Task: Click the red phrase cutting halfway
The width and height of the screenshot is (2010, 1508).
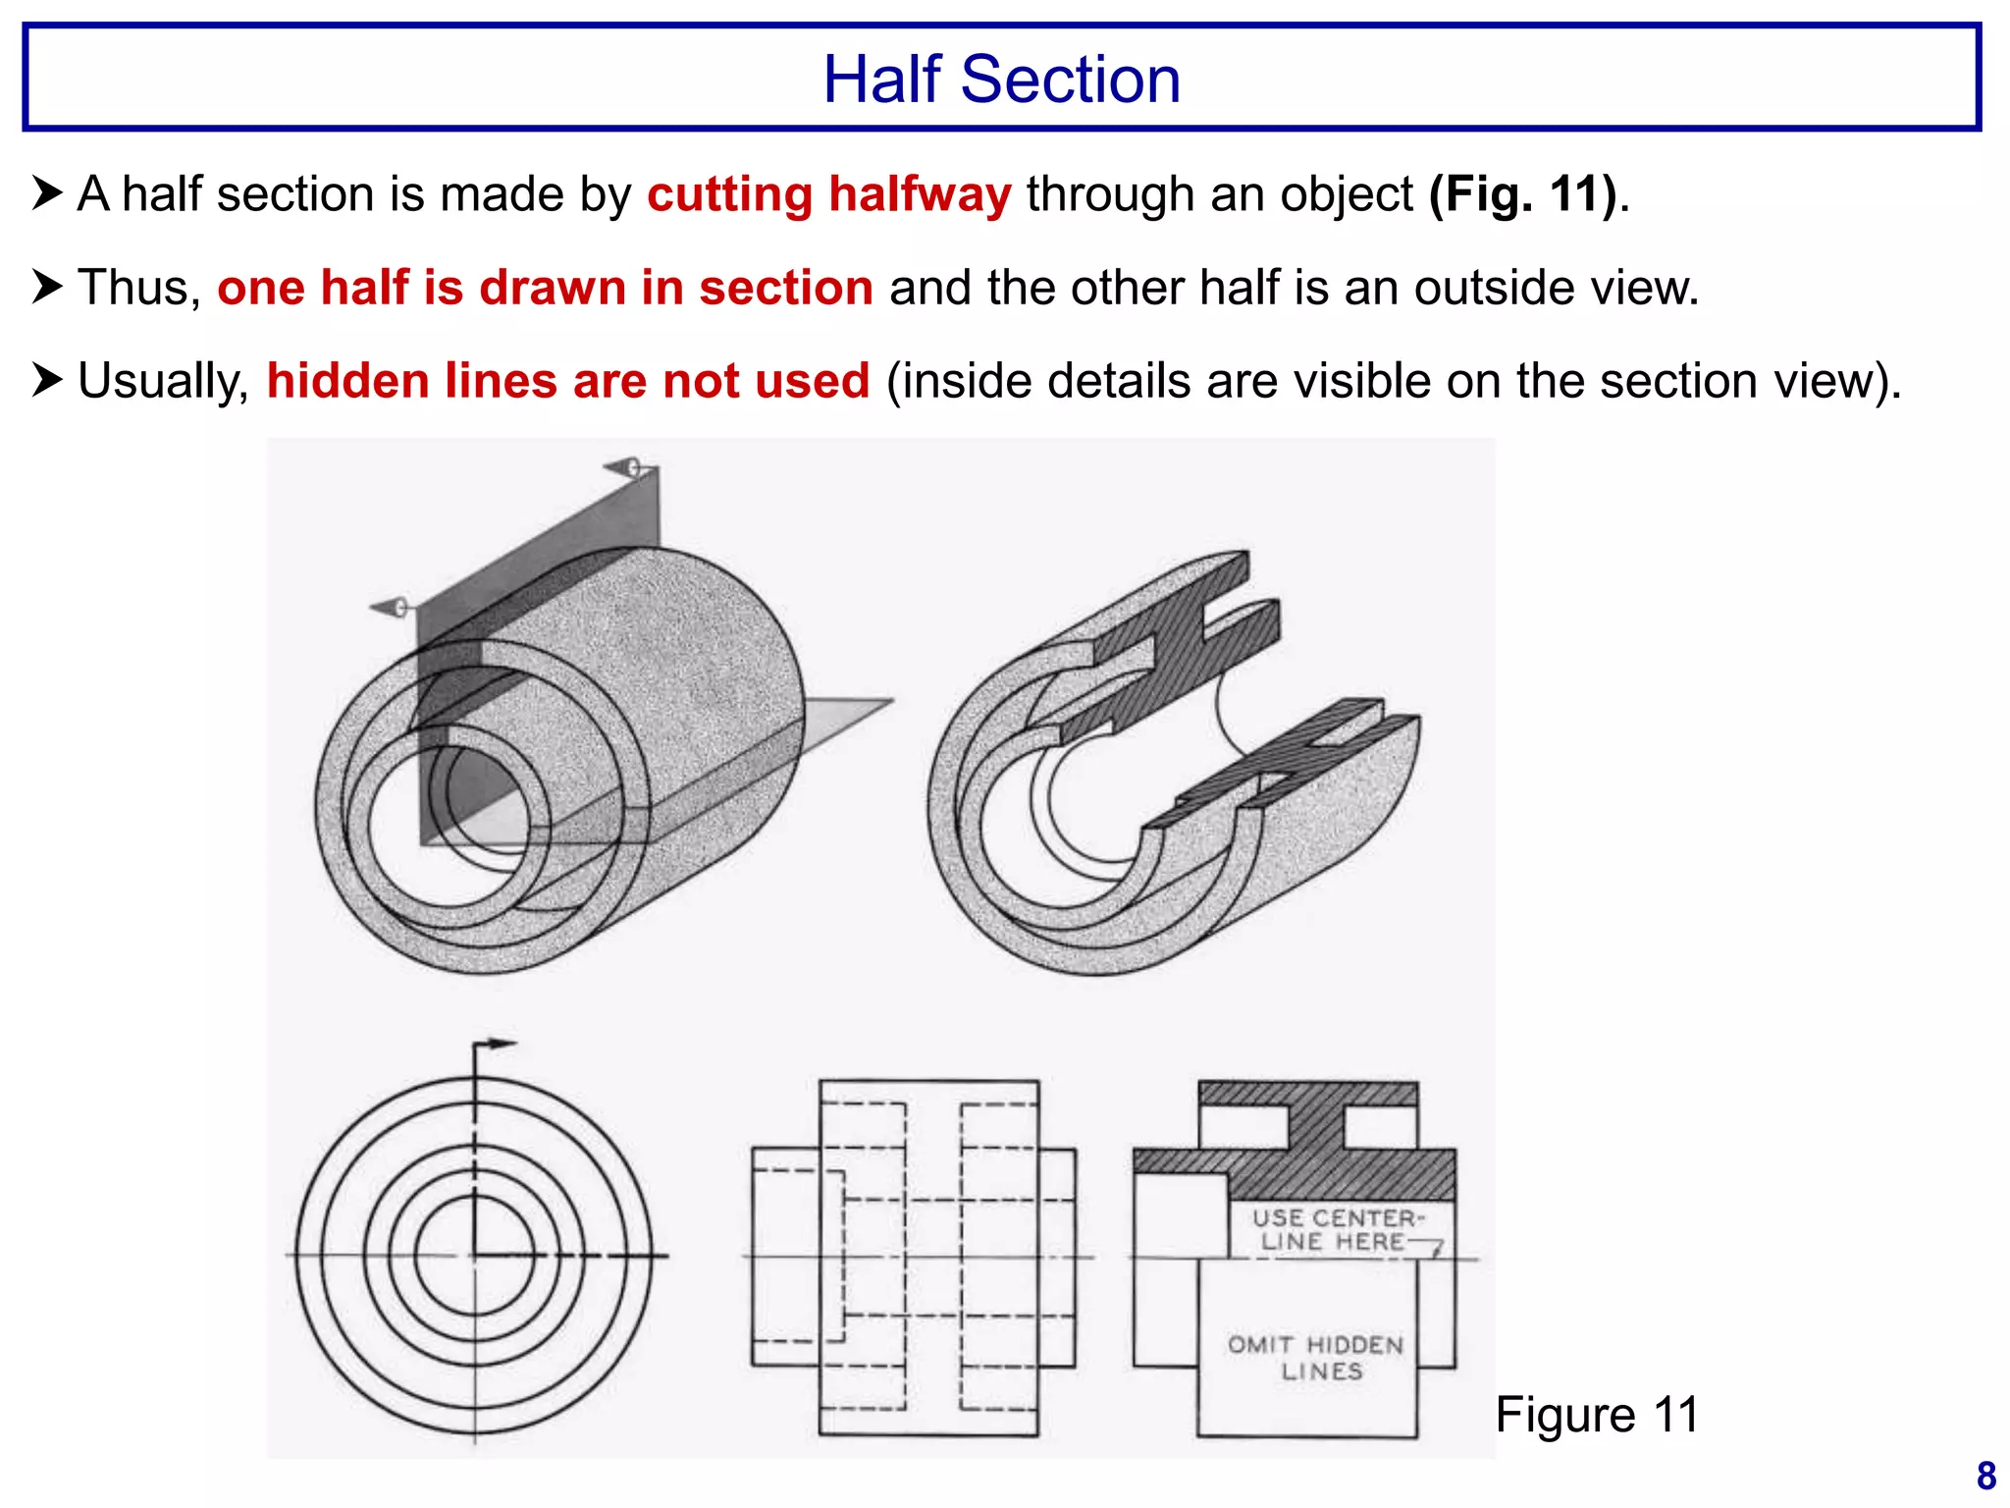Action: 828,193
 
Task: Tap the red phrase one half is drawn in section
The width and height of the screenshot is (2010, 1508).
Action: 545,288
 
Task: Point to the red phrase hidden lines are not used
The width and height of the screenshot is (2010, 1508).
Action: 568,381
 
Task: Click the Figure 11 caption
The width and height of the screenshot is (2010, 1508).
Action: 1597,1415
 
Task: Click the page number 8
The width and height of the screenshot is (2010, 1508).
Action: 1985,1476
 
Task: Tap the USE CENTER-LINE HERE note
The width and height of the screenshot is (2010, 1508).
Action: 1335,1230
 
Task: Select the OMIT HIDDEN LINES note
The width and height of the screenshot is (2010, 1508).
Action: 1317,1358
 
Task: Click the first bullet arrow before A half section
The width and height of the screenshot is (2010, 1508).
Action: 47,192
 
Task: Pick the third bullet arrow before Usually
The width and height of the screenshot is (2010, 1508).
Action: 47,380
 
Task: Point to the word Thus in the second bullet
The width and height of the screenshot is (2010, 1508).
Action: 137,288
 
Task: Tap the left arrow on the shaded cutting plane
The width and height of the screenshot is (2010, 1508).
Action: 390,608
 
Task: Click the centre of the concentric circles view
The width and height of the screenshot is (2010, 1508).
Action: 475,1256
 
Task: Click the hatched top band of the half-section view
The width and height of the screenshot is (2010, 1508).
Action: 1307,1094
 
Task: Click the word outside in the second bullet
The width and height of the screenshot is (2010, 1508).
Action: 1498,288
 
